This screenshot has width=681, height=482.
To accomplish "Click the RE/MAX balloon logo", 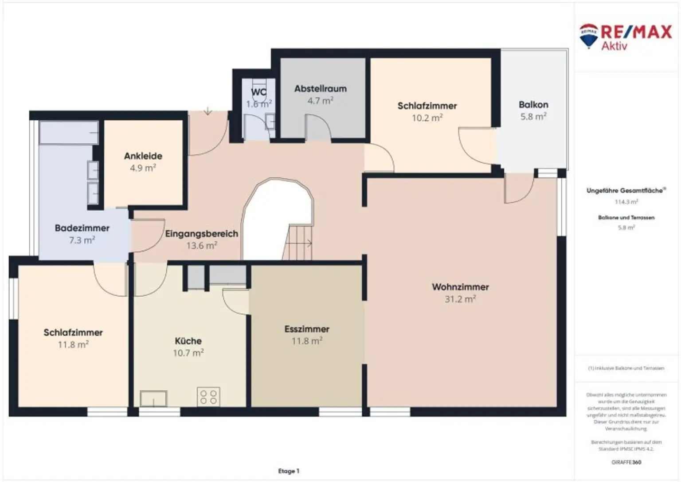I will click(589, 35).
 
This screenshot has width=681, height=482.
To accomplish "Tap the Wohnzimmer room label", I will click(460, 287).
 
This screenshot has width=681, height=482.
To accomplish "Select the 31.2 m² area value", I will click(460, 299).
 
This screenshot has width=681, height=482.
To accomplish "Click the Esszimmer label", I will click(307, 329).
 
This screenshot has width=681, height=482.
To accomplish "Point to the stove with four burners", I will click(208, 397).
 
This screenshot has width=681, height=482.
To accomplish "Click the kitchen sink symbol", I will click(153, 398).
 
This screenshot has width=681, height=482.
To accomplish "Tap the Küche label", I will click(188, 341).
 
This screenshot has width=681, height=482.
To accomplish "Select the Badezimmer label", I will click(82, 228).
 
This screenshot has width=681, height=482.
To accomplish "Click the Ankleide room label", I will click(143, 156).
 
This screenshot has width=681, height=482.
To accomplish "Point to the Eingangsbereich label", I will click(202, 234).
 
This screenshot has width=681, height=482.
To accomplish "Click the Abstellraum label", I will click(321, 89).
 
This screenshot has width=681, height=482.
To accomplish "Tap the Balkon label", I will click(533, 105).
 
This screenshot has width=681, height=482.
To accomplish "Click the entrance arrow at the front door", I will click(207, 111).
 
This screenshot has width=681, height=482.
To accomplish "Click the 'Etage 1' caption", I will click(289, 471).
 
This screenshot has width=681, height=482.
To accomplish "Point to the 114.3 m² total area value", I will click(626, 202).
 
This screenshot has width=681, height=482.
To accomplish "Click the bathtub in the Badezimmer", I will click(69, 132).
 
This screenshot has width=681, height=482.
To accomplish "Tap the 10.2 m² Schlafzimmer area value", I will click(427, 118).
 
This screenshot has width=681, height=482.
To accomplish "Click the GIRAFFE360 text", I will click(626, 462).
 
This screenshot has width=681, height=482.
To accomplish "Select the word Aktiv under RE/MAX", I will click(614, 46).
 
